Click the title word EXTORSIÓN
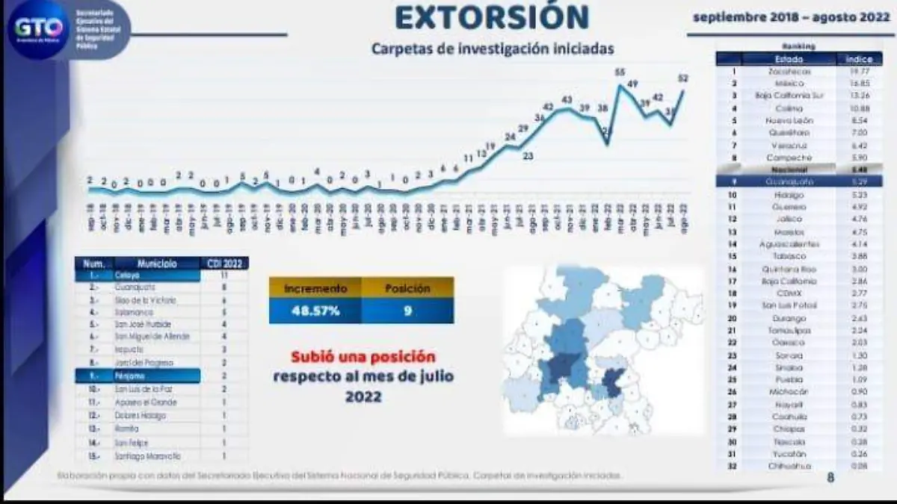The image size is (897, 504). tap(492, 18)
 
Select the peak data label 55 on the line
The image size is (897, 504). tap(620, 72)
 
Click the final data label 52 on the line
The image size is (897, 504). tap(682, 78)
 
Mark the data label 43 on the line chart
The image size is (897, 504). tap(567, 100)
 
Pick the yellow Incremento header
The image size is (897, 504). tap(315, 287)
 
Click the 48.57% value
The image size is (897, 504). tap(315, 311)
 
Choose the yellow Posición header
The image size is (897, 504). tap(407, 287)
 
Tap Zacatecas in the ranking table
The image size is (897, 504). tap(789, 72)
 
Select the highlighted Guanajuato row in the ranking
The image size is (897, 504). tap(789, 181)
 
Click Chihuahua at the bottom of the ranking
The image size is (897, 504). tap(789, 465)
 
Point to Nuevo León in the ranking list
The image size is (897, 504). tap(789, 120)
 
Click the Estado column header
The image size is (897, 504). tap(789, 59)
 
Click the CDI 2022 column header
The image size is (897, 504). tap(224, 263)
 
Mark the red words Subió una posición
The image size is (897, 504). tap(363, 357)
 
